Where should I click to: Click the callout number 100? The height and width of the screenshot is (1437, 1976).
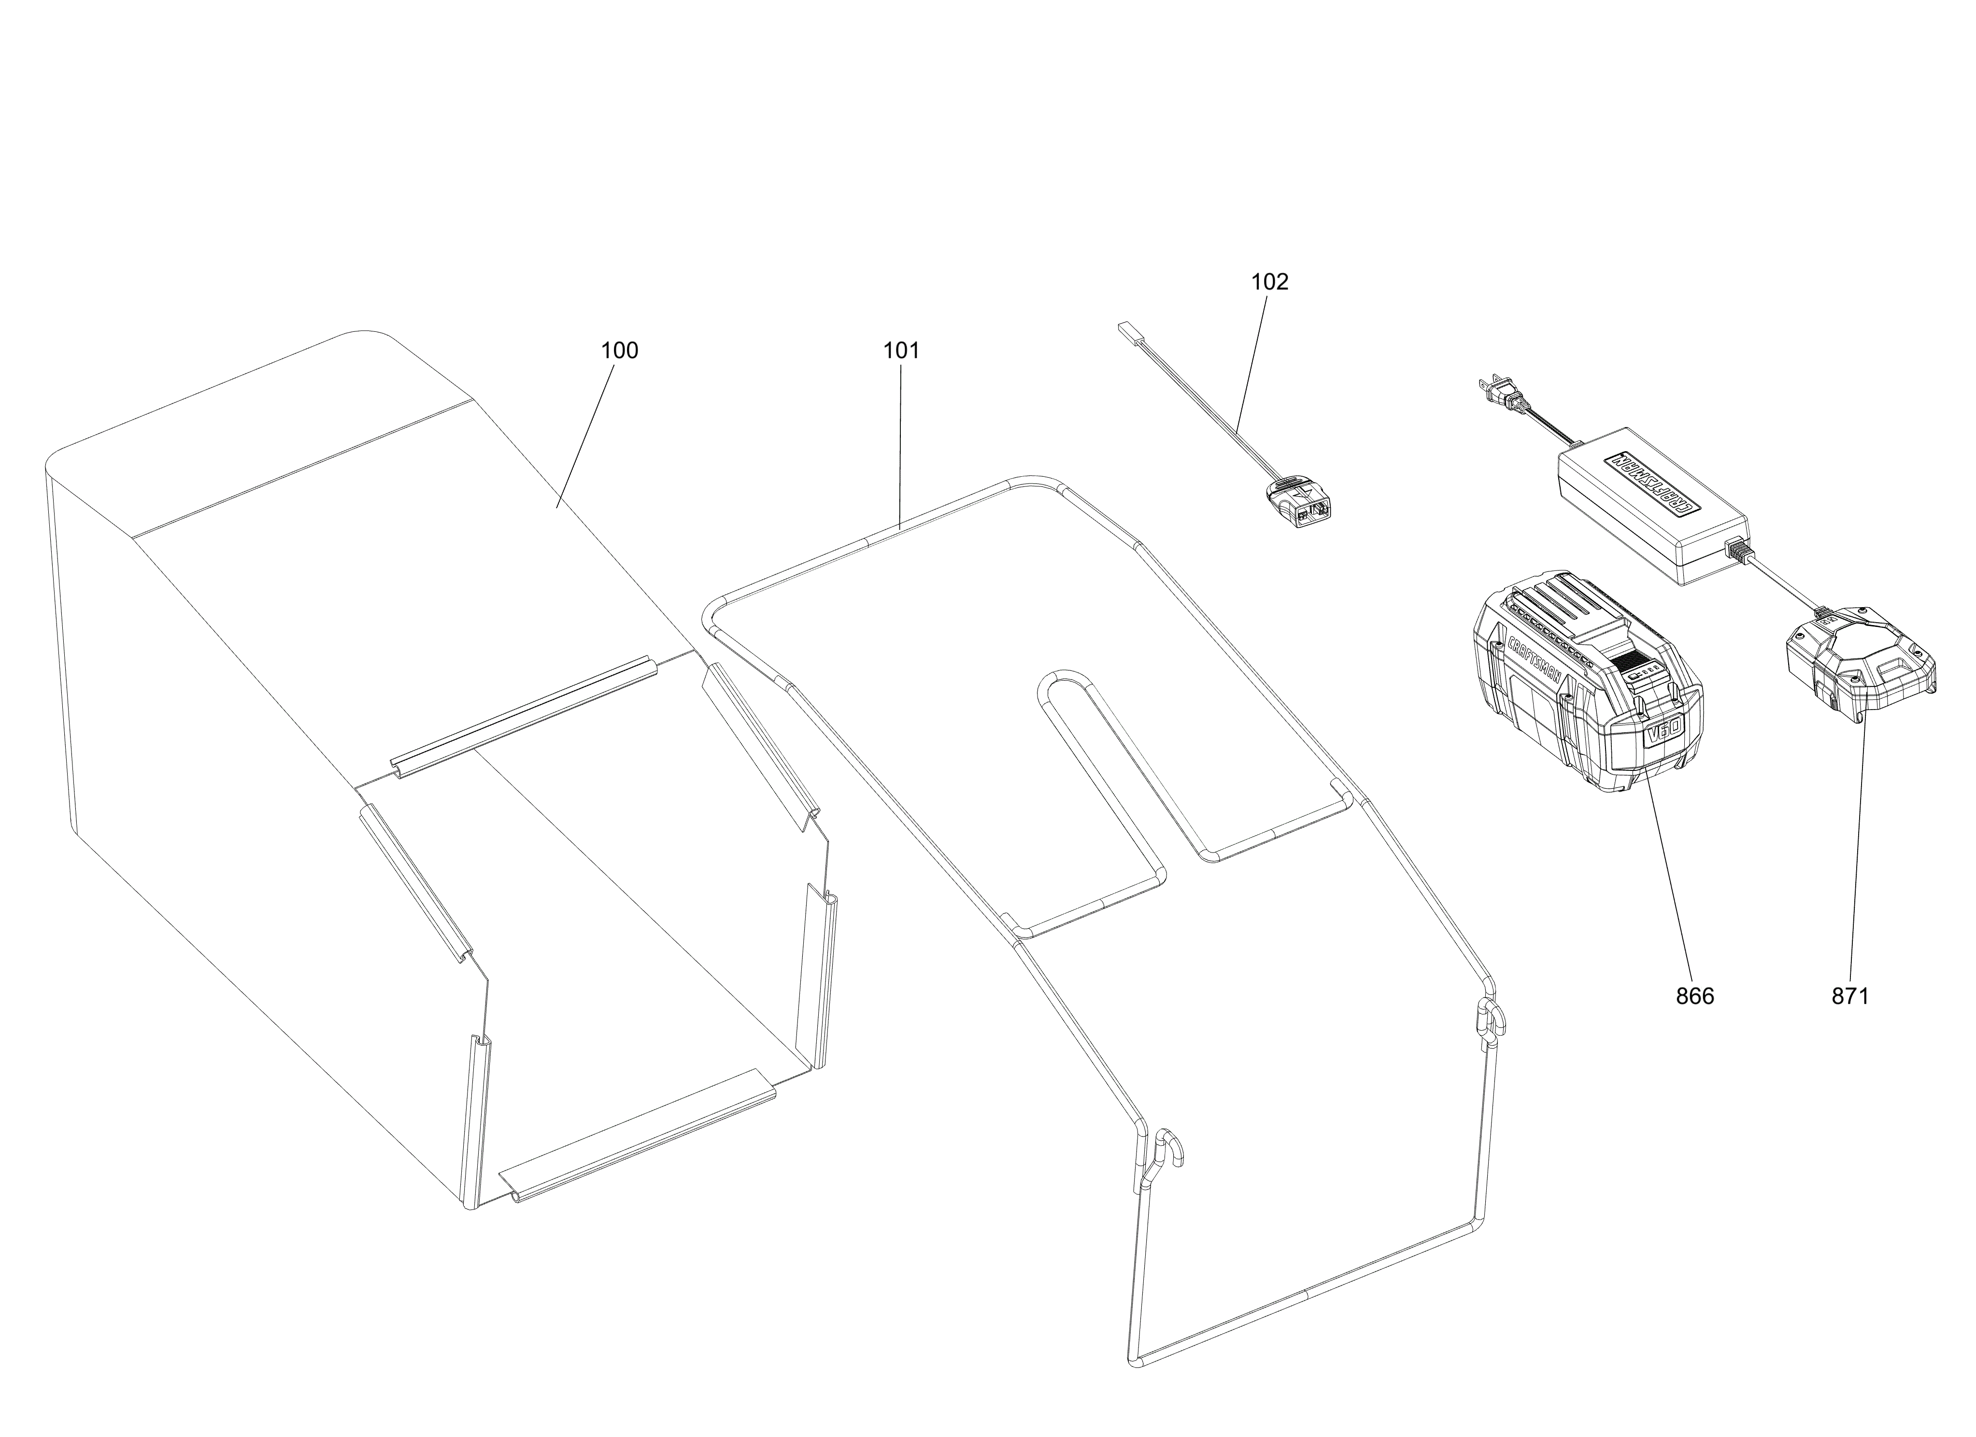(x=619, y=350)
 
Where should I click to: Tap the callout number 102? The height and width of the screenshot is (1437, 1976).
(x=1269, y=282)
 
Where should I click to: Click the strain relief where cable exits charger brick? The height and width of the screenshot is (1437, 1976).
(x=1736, y=552)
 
